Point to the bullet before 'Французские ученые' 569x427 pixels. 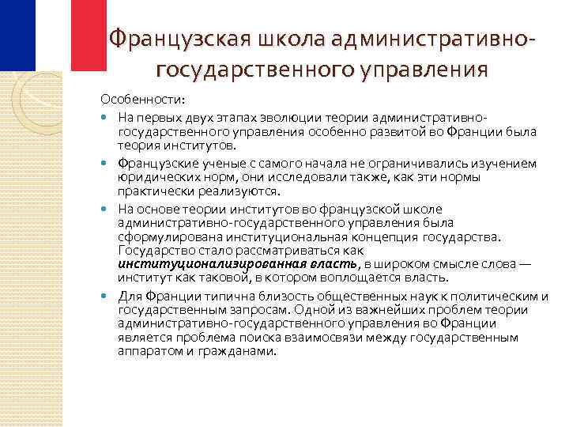point(106,163)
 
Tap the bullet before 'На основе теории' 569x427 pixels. point(106,208)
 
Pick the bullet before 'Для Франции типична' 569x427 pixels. point(106,296)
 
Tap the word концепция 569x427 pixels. point(399,236)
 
